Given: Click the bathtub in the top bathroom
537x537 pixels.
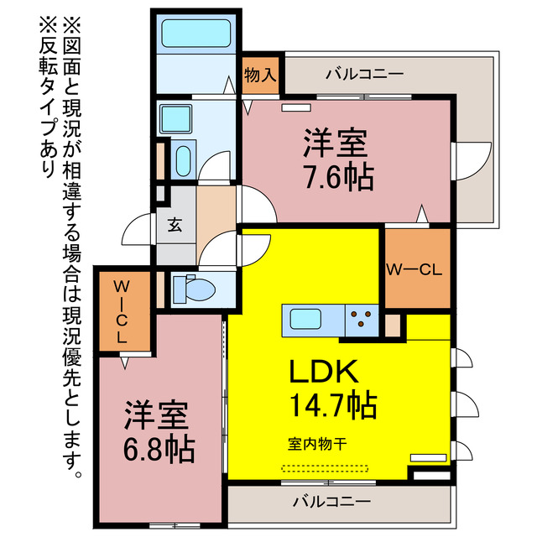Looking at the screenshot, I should click(196, 34).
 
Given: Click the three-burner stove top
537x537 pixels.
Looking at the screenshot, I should click(362, 319).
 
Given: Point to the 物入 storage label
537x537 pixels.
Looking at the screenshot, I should click(260, 75).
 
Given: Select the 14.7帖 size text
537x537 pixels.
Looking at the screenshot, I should click(331, 405).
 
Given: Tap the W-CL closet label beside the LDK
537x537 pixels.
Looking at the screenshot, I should click(413, 270).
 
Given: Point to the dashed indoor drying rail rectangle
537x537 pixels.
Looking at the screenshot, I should click(324, 467).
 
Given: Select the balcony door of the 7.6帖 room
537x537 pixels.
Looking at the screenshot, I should click(472, 159).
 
